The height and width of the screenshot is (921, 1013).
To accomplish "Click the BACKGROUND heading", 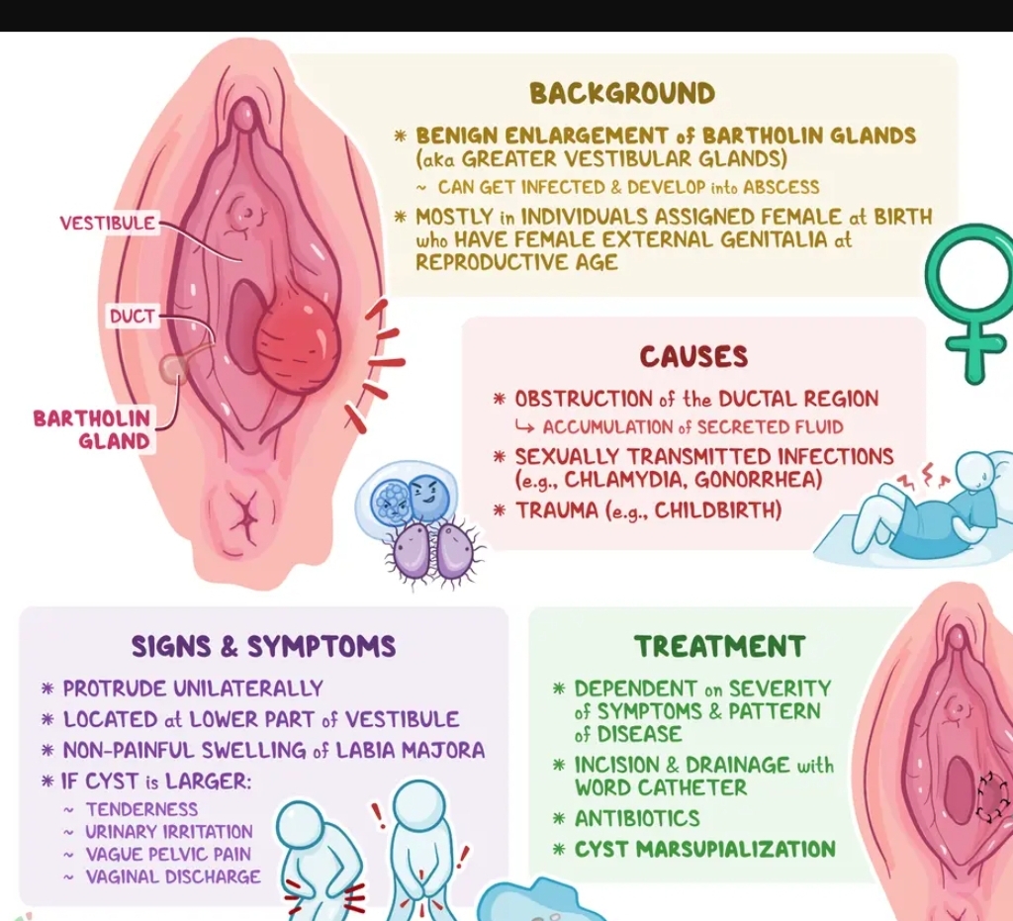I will tap(621, 94).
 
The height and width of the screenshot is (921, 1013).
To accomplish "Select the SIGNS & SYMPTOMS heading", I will tap(263, 647).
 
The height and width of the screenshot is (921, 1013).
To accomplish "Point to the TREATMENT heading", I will tap(719, 647).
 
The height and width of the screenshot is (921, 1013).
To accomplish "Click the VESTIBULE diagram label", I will tap(108, 223).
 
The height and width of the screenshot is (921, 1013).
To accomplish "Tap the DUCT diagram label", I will tap(132, 317).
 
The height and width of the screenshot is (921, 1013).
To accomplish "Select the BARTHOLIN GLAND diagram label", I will tap(92, 429).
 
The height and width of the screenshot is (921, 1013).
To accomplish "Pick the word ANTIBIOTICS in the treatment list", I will tap(637, 818).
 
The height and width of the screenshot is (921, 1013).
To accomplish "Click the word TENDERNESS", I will tap(141, 809).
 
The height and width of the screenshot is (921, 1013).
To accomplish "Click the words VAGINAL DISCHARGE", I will tap(173, 876).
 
